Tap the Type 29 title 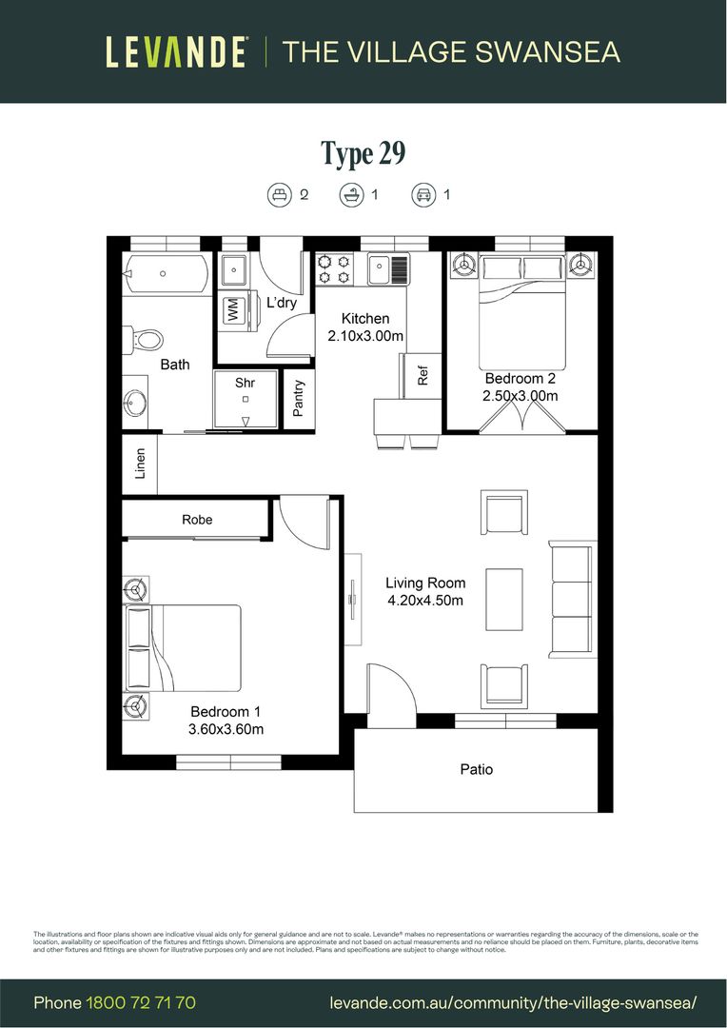[x=363, y=153]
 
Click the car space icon [x=422, y=195]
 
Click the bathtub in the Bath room [x=165, y=274]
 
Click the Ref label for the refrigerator [x=423, y=375]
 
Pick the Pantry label [x=299, y=399]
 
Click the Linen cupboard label [x=140, y=464]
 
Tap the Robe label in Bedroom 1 [x=197, y=520]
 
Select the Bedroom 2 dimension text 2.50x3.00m [x=521, y=396]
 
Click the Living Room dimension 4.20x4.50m [x=425, y=601]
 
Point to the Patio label [x=476, y=769]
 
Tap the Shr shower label [x=246, y=383]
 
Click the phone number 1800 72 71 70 [x=141, y=1002]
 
